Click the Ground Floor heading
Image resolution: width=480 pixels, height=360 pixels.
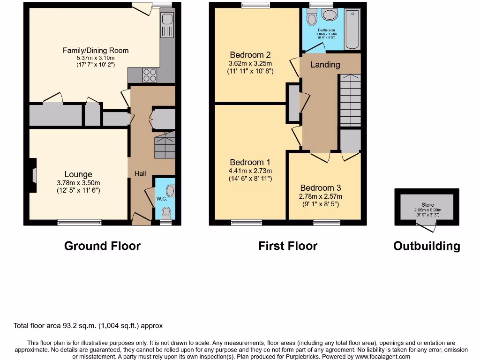[102, 246]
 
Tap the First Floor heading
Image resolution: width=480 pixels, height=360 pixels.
[288, 246]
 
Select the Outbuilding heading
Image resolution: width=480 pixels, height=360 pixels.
[427, 246]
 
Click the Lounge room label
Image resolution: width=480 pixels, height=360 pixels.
[78, 174]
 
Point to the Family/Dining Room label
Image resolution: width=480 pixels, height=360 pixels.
[96, 50]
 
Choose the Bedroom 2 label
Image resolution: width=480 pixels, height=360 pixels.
[250, 55]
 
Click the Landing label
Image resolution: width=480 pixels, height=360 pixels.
[325, 65]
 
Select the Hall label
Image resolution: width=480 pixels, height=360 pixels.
[140, 173]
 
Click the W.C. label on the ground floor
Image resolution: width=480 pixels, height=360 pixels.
[161, 198]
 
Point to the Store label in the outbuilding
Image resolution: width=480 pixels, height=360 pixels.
[427, 205]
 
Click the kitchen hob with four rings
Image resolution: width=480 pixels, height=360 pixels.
[150, 75]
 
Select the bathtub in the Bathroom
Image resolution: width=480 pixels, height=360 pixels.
[352, 29]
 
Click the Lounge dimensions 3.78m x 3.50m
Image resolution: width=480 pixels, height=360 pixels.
[78, 183]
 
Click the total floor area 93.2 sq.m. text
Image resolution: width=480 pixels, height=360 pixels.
[88, 325]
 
